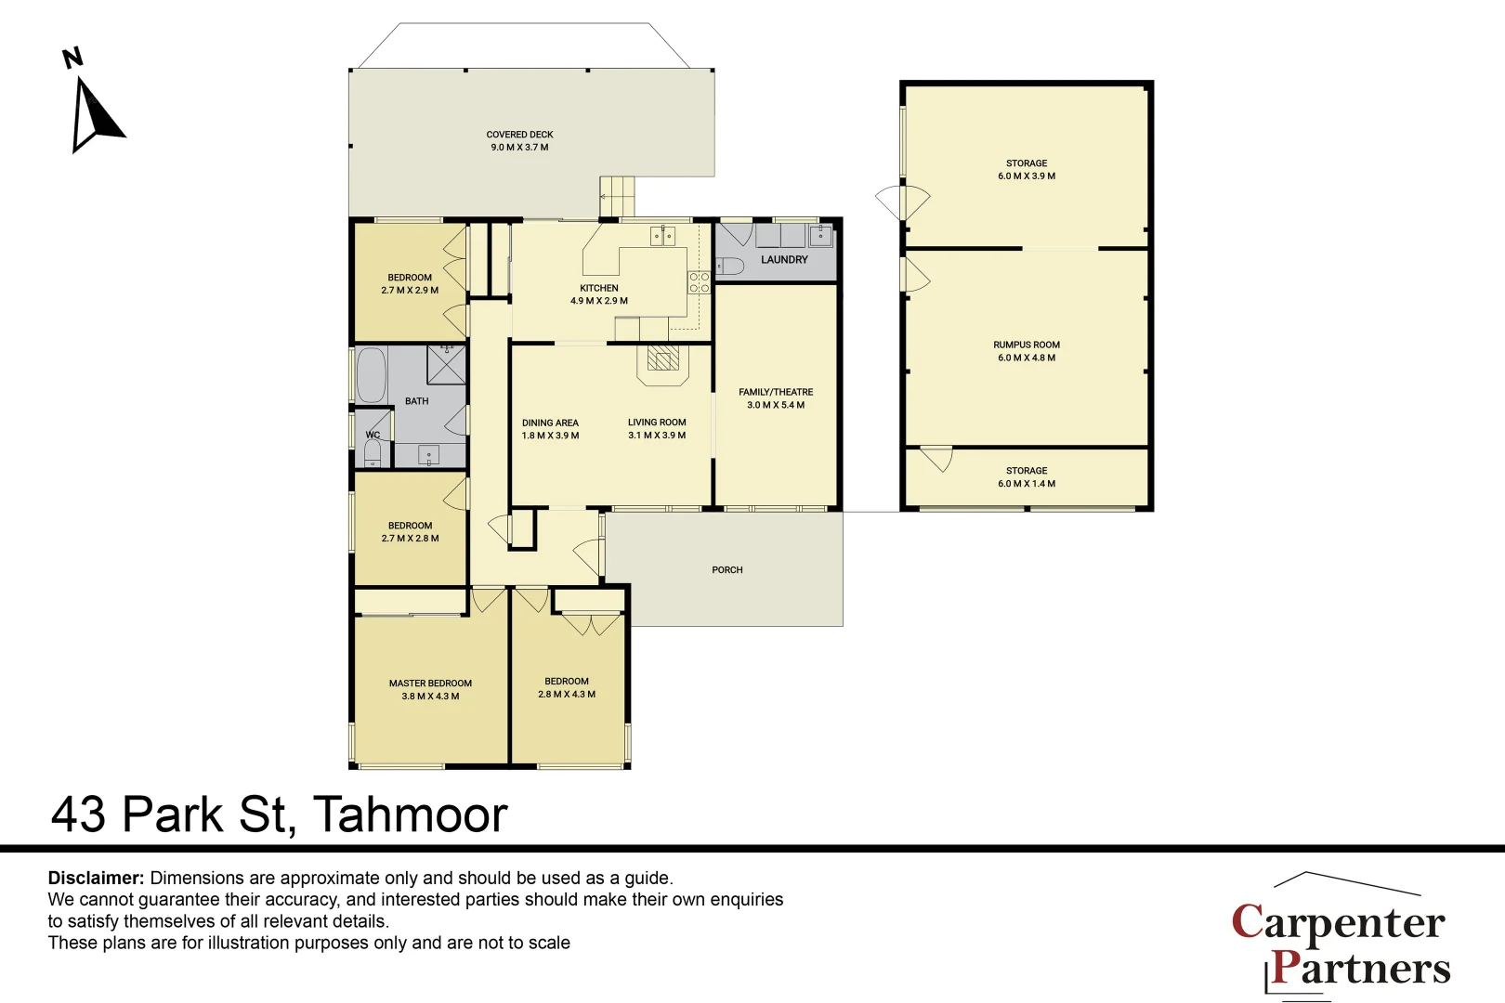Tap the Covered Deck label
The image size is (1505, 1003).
(519, 135)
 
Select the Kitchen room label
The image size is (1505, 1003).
(598, 288)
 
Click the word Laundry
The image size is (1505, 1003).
(784, 259)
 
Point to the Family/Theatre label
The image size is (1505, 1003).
(776, 392)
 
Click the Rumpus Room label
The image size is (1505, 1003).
(1026, 345)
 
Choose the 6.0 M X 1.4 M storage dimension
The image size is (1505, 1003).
(1026, 484)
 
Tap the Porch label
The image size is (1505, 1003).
(727, 569)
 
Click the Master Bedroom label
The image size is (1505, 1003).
(430, 684)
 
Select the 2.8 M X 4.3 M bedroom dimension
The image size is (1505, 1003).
(567, 694)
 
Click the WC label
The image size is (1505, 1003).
(373, 435)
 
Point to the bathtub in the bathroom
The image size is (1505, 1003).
(370, 375)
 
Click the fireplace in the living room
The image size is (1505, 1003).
(663, 364)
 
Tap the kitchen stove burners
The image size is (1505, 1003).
(699, 282)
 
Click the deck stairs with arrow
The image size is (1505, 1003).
(617, 197)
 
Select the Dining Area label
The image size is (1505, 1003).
(550, 423)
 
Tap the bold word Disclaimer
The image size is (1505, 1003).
(96, 878)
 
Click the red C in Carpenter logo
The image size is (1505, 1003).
(1248, 920)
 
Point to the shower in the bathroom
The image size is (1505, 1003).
(446, 363)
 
